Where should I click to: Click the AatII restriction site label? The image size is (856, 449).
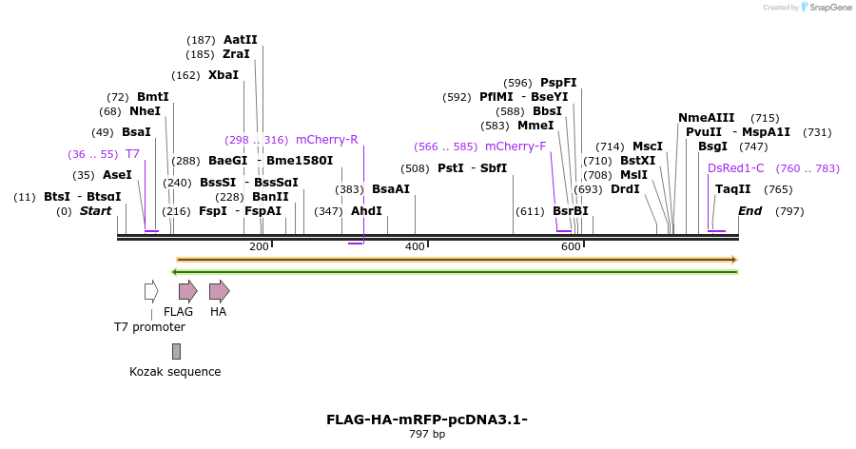click(x=240, y=40)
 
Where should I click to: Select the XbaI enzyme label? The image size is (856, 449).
click(x=224, y=75)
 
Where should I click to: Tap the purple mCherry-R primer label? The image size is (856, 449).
click(x=326, y=140)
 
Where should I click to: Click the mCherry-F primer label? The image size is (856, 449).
click(x=516, y=146)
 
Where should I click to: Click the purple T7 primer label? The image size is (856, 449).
click(x=132, y=154)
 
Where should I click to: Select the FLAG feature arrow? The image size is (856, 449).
click(x=187, y=291)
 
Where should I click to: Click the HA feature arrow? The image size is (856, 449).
click(x=219, y=291)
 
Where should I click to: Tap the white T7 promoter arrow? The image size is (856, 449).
click(x=150, y=291)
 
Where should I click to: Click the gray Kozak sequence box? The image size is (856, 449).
click(x=176, y=352)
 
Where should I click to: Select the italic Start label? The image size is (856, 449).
click(x=95, y=211)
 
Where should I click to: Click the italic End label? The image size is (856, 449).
click(x=749, y=211)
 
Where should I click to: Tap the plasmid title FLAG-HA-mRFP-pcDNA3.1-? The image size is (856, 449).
click(x=427, y=420)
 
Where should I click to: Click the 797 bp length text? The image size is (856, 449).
click(x=427, y=435)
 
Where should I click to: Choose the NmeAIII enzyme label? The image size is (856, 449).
click(x=706, y=118)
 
